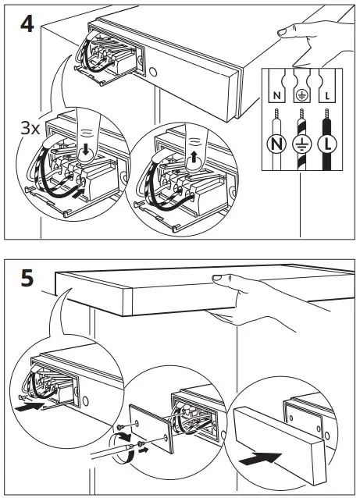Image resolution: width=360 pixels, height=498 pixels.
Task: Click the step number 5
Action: point(27,278)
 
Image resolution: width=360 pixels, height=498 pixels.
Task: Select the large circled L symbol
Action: point(328,143)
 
